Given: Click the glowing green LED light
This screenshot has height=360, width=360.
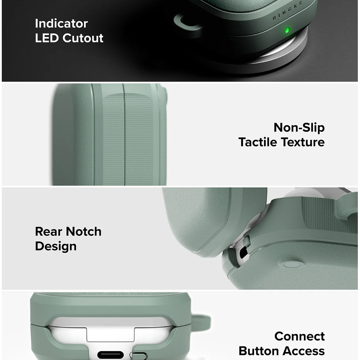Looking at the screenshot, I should tap(287, 30).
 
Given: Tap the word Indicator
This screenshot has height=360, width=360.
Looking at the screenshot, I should tap(61, 23).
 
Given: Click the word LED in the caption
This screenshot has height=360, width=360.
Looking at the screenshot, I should tap(48, 38).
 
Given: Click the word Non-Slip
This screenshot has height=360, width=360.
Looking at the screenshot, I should tap(299, 127).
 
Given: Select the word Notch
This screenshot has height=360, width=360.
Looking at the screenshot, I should tap(83, 231).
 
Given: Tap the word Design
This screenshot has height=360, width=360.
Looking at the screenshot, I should tap(56, 246).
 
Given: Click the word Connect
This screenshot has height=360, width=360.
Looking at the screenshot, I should tap(299, 336).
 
